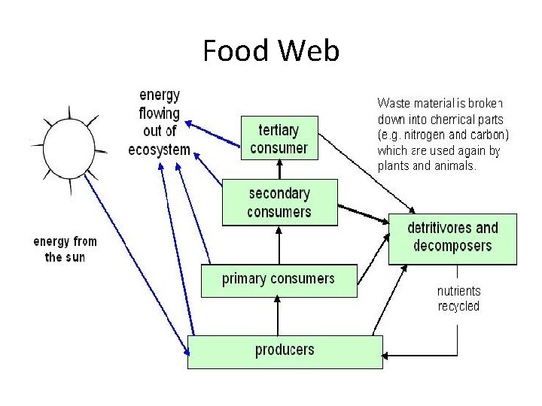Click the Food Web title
[271, 50]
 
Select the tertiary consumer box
[279, 138]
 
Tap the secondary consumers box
[279, 202]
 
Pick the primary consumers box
[279, 280]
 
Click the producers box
[285, 352]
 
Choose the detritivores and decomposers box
[452, 239]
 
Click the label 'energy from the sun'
[65, 250]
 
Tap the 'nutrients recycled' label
[458, 298]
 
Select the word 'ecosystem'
[160, 150]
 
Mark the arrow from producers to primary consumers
[277, 316]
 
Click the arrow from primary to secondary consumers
[279, 245]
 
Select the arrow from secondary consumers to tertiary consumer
[279, 169]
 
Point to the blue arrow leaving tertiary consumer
[212, 134]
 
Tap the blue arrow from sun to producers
[137, 265]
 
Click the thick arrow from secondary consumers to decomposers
[364, 214]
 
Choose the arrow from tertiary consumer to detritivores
[367, 174]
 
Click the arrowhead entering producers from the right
[385, 356]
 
